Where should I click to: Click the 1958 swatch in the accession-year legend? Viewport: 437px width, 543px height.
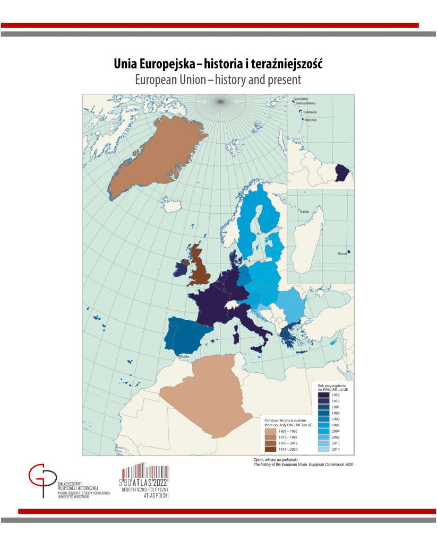[x=323, y=395]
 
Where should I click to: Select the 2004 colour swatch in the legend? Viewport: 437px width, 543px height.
[x=323, y=431]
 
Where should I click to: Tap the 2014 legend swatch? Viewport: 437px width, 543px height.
[x=323, y=449]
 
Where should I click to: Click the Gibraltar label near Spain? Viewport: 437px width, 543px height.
[x=185, y=356]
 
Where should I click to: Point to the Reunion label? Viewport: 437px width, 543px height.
[x=342, y=254]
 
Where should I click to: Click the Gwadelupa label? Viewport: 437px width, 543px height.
[x=311, y=112]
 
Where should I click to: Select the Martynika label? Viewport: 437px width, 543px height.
[x=310, y=120]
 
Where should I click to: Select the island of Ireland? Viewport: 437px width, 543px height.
[x=180, y=269]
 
